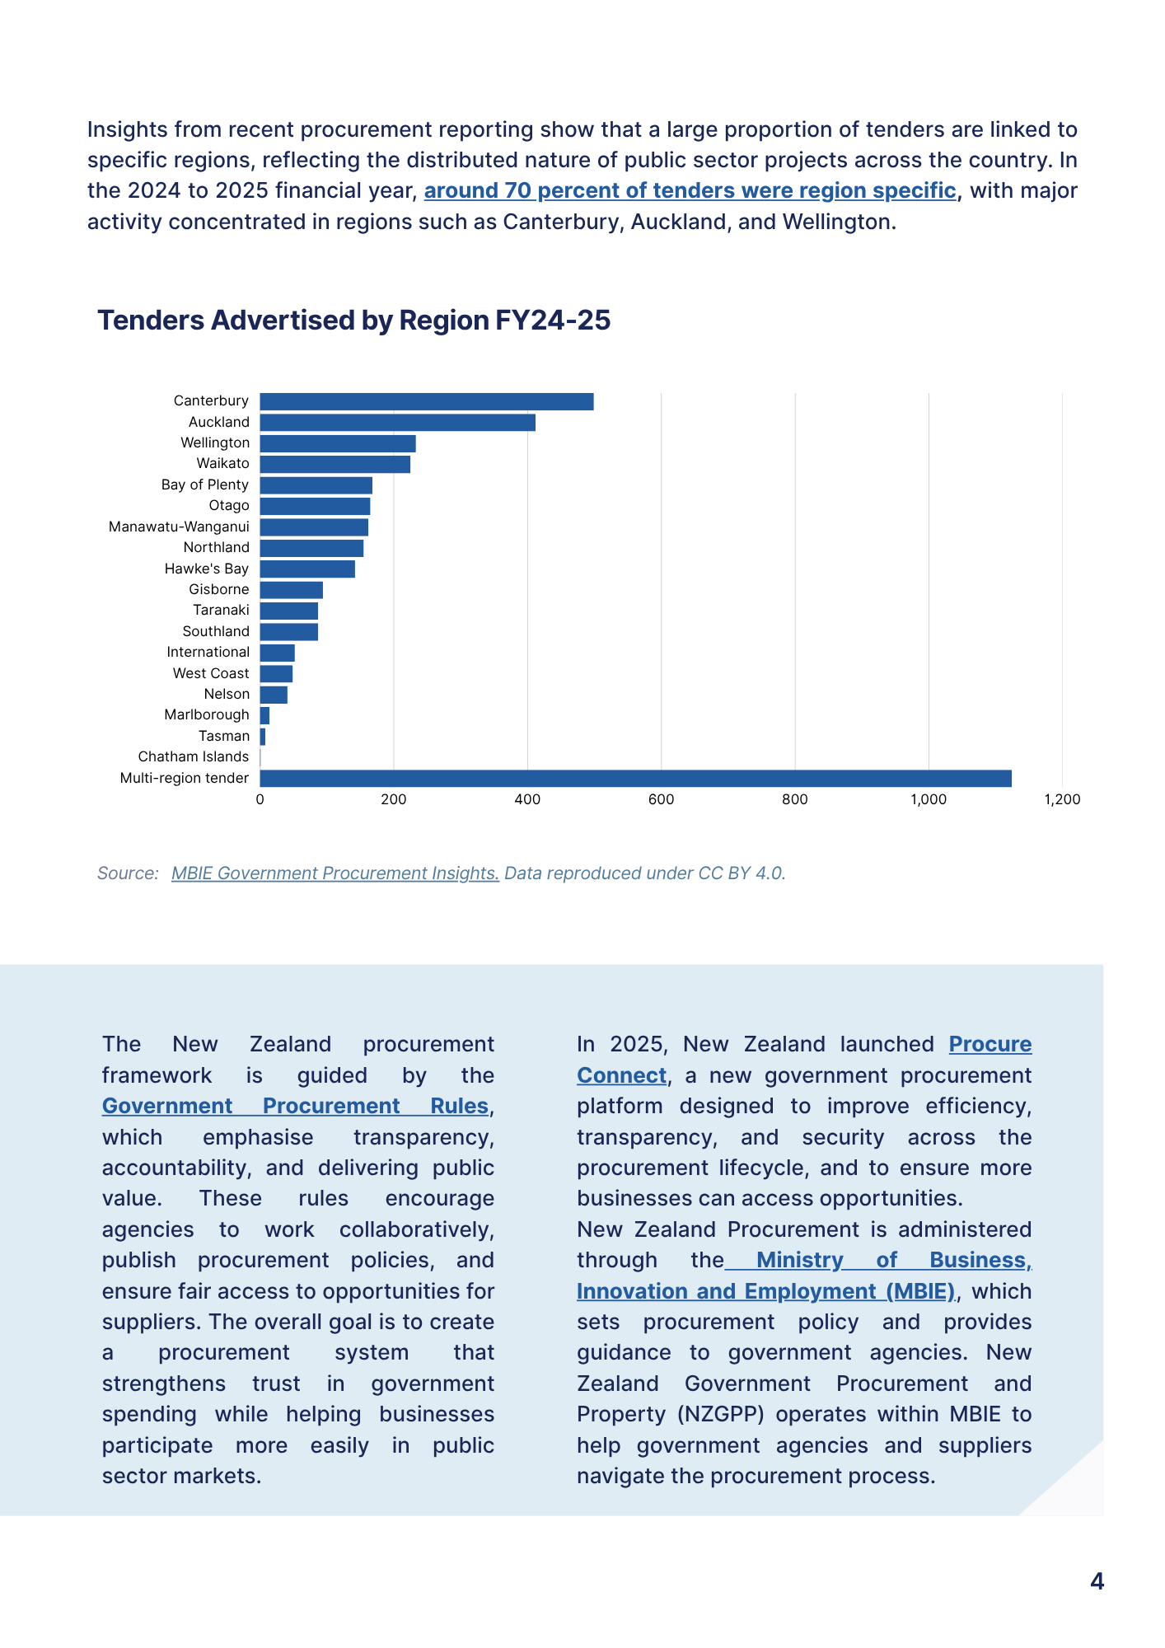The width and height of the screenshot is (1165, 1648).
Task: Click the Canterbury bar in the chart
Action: point(427,401)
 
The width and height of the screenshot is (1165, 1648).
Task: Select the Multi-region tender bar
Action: point(636,779)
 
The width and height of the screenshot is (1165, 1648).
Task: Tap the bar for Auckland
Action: point(398,423)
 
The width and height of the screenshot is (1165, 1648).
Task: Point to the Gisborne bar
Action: point(292,590)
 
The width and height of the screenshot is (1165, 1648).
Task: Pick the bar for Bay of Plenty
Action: point(316,485)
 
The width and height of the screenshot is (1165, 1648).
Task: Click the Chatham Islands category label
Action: point(194,756)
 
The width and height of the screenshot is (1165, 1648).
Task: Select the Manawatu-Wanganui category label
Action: point(179,527)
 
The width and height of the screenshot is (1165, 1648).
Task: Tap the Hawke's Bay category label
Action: point(207,569)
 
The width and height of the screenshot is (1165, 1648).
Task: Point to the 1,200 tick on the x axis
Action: point(1062,799)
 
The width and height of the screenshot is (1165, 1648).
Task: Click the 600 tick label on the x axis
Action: point(661,799)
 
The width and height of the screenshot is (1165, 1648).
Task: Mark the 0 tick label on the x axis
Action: point(260,799)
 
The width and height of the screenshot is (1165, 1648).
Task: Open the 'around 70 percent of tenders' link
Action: point(690,191)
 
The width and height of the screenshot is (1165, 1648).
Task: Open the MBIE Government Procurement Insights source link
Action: point(335,873)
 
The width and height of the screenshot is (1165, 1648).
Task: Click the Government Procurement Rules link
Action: point(296,1106)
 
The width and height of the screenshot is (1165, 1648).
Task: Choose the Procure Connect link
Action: point(804,1060)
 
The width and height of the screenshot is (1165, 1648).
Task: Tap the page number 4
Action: point(1097,1581)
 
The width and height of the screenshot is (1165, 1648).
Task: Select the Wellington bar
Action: point(338,443)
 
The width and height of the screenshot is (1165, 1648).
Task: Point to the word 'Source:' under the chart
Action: point(128,873)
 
